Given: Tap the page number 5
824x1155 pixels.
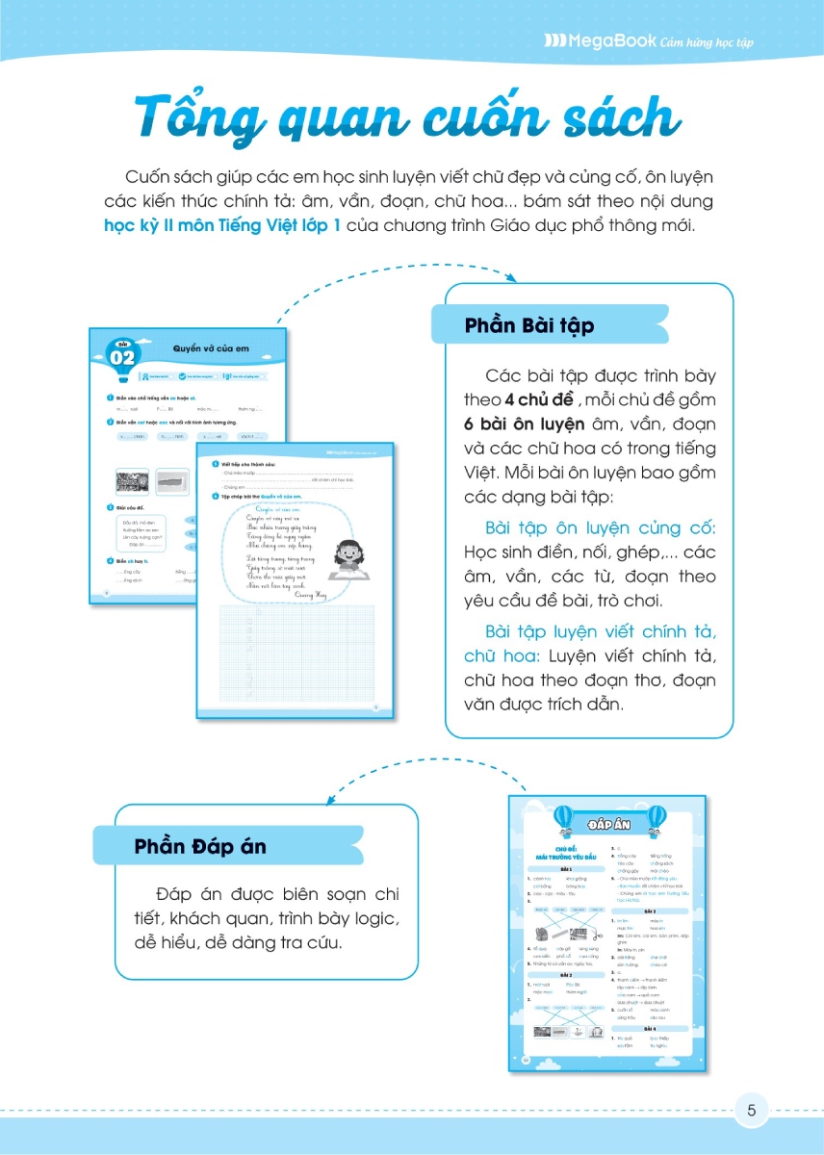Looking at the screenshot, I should [x=752, y=1110].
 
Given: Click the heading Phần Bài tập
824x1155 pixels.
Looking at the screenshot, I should [x=528, y=325].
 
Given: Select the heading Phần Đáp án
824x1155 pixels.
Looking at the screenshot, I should [x=200, y=847].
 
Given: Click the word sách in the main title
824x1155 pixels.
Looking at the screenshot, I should [x=605, y=118].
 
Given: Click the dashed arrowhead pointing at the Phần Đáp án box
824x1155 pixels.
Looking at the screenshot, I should [x=330, y=799].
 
